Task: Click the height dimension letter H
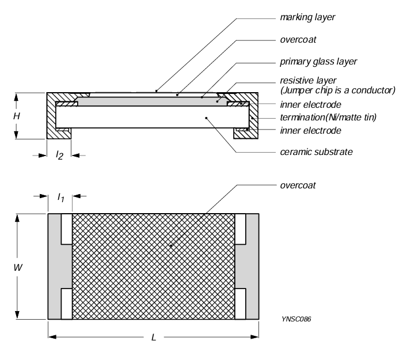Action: click(x=18, y=116)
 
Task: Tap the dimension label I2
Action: click(x=59, y=156)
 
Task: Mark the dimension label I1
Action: click(x=59, y=198)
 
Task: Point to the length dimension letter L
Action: click(x=154, y=337)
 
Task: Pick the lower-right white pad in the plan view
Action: click(x=240, y=303)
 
